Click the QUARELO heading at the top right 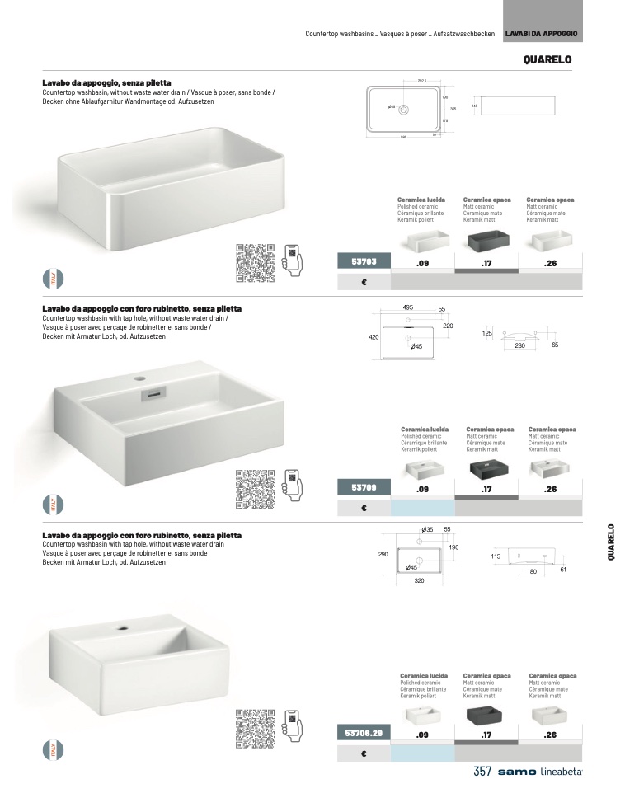click(x=547, y=59)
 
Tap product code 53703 click(x=364, y=262)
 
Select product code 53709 click(x=364, y=487)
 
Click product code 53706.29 click(x=364, y=732)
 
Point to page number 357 click(x=482, y=772)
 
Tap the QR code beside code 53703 click(x=254, y=263)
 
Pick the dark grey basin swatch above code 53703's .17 click(x=486, y=242)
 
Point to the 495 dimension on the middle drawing click(x=408, y=307)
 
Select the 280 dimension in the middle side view click(x=519, y=345)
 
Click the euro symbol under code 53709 click(x=364, y=508)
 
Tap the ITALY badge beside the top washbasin click(x=52, y=279)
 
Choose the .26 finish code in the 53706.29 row click(x=551, y=733)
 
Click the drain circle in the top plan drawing click(x=403, y=108)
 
